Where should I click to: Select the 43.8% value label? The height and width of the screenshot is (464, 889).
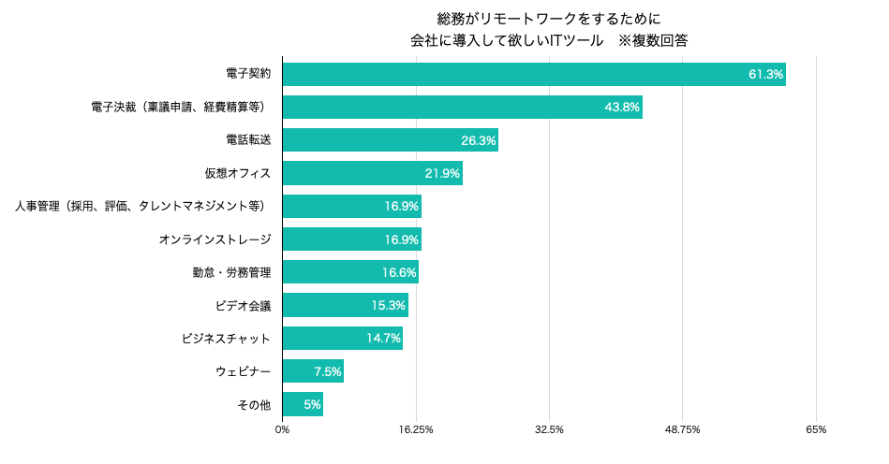(622, 108)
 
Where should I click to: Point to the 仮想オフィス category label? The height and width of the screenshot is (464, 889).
(238, 173)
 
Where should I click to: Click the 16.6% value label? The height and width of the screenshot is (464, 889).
(399, 273)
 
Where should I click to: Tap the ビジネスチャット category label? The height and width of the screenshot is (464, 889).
(226, 338)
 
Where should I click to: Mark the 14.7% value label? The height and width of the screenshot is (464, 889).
(383, 339)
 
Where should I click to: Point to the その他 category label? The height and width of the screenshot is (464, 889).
(254, 404)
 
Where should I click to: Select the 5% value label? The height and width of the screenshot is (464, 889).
(312, 405)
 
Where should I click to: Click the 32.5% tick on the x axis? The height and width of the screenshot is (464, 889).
(549, 429)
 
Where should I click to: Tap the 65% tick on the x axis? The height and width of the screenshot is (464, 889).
(815, 429)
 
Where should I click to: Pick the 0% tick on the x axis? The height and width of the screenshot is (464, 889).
(282, 429)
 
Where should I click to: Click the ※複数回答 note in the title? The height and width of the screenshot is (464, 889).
(653, 40)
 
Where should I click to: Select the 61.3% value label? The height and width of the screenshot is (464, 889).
(765, 75)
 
